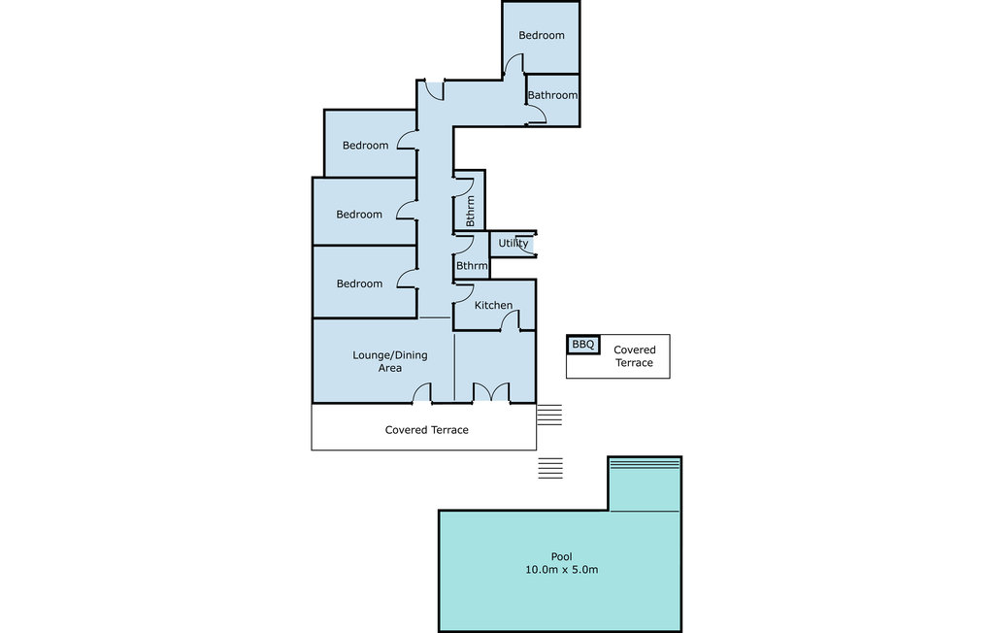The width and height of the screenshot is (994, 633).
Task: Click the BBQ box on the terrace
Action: [x=582, y=345]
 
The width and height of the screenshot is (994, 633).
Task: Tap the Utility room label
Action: [x=513, y=243]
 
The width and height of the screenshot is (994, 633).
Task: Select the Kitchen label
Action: [x=493, y=305]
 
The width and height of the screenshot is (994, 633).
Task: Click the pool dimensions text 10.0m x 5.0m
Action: [x=561, y=570]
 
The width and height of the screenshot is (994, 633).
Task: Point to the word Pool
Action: [x=561, y=556]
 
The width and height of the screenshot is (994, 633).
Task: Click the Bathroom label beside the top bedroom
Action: [x=552, y=95]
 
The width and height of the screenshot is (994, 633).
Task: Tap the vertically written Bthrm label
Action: [x=470, y=211]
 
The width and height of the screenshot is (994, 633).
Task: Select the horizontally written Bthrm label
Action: [x=472, y=266]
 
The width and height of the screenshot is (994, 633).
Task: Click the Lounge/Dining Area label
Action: [x=390, y=361]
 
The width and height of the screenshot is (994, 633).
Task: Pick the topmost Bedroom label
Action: [x=542, y=36]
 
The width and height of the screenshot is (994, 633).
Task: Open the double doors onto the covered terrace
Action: [x=491, y=392]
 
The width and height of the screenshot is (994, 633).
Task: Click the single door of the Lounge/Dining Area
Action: [x=422, y=393]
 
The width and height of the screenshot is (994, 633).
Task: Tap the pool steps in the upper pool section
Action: [x=645, y=464]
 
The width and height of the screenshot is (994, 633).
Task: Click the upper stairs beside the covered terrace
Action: [x=549, y=415]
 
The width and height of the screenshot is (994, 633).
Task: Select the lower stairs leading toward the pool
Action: [x=550, y=467]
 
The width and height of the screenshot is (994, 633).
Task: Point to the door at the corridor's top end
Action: [x=434, y=90]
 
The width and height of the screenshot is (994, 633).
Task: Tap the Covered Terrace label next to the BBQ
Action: [x=634, y=356]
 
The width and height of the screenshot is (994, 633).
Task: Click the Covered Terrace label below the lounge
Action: [x=427, y=429]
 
